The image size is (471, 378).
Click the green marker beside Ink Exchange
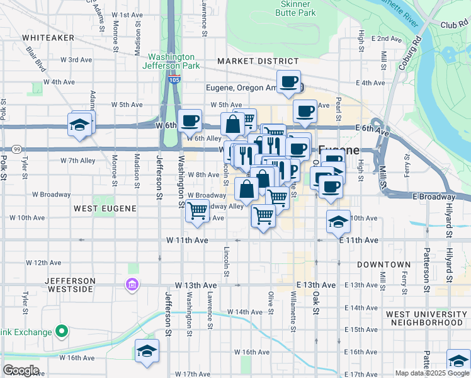pyautogui.click(x=62, y=331)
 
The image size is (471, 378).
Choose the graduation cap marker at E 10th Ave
pyautogui.click(x=338, y=221)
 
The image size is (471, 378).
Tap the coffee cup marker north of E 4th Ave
pyautogui.click(x=288, y=82)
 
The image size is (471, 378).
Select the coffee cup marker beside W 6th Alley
pyautogui.click(x=190, y=120)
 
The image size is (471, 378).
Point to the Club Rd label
pyautogui.click(x=451, y=25)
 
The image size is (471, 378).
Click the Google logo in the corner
pyautogui.click(x=21, y=370)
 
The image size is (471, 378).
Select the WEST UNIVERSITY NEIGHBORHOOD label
pyautogui.click(x=428, y=318)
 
